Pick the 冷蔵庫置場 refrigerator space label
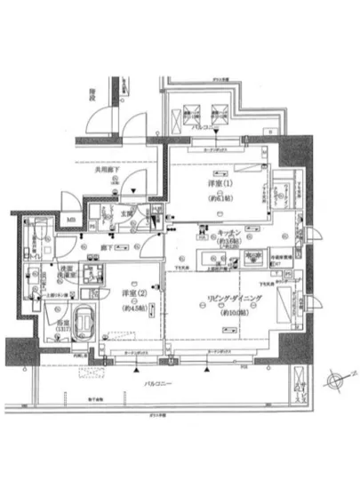pos(258,256)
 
